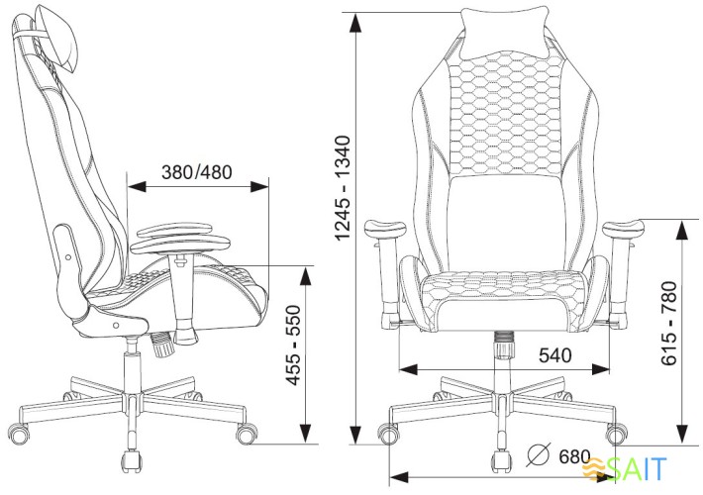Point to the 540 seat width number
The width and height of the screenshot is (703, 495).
555,354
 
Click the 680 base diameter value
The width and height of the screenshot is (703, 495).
573,458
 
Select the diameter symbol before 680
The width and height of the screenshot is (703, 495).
538,456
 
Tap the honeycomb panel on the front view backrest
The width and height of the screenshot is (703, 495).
505,109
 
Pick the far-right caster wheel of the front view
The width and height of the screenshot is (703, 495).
616,433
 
